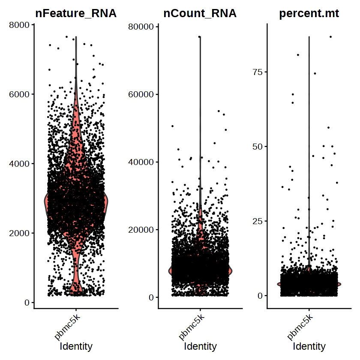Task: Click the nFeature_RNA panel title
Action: tap(76, 13)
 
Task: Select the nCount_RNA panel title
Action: tap(200, 13)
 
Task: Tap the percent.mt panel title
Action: tap(309, 13)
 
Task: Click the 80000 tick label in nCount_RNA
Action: tap(142, 27)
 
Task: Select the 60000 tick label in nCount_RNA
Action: tap(142, 94)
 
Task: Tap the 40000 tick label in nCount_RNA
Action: tap(142, 162)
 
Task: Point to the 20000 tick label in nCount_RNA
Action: tap(142, 230)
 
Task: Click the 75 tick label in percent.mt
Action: tap(257, 72)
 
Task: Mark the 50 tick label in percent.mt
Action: tap(257, 147)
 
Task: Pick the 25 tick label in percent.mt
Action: tap(257, 221)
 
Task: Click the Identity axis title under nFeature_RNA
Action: tap(76, 346)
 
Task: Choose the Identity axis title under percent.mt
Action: tap(309, 346)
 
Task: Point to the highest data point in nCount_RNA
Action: tap(200, 37)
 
